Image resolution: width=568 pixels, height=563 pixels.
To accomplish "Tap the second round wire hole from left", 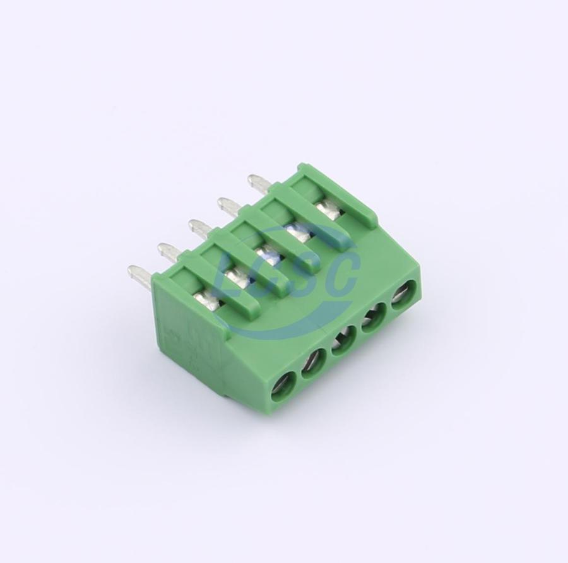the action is (x=313, y=364).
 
